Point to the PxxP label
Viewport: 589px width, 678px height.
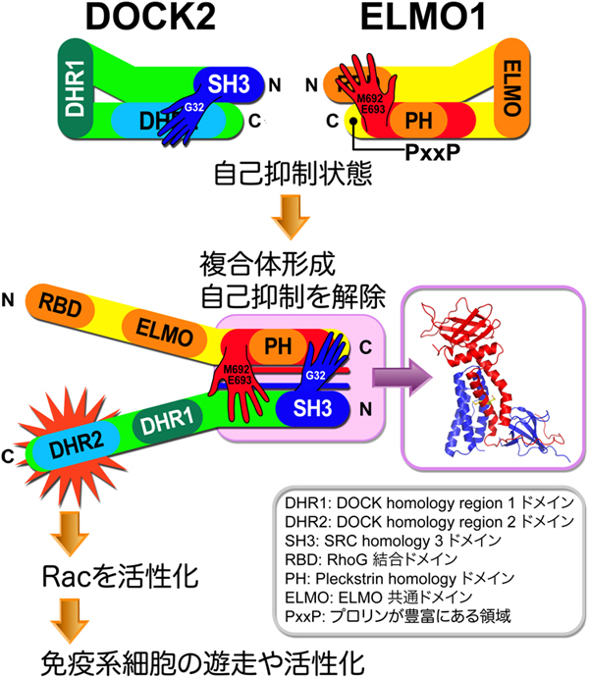[x=433, y=153]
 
